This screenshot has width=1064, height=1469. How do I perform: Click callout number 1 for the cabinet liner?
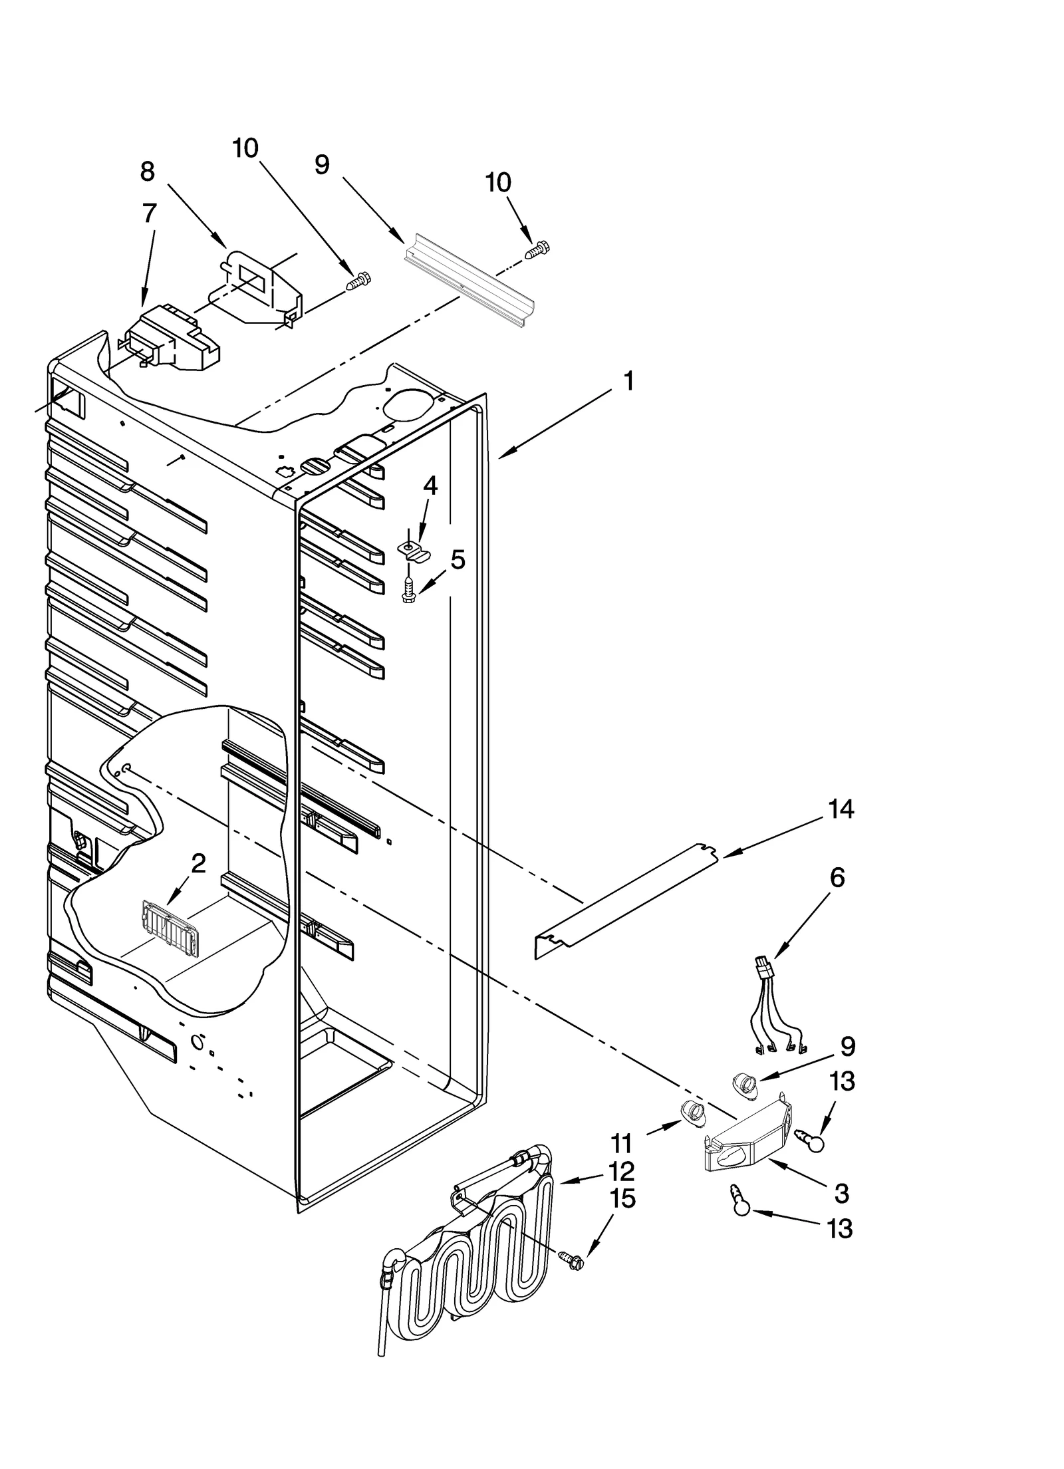point(628,382)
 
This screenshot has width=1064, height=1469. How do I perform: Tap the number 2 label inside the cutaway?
point(198,864)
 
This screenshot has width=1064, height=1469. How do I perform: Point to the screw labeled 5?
point(409,590)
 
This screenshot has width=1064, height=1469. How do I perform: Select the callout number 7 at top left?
point(150,213)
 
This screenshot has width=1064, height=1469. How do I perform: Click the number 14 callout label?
point(841,809)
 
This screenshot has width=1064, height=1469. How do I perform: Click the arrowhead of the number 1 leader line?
point(499,457)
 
